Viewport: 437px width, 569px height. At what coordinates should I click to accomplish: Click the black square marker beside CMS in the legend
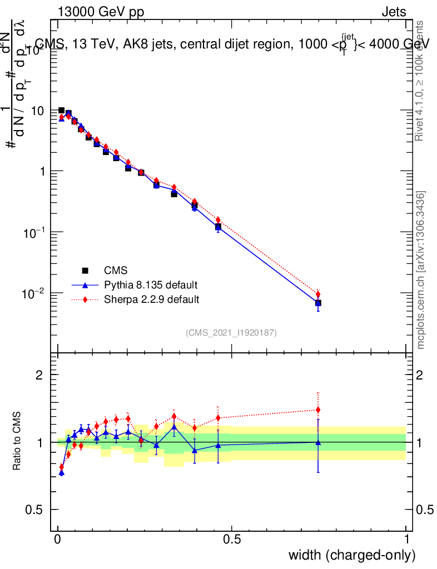pyautogui.click(x=86, y=271)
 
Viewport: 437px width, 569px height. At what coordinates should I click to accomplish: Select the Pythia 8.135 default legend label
pyautogui.click(x=150, y=285)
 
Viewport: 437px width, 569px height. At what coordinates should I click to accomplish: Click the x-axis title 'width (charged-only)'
pyautogui.click(x=351, y=555)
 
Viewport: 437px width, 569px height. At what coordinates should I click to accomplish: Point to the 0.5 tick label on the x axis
pyautogui.click(x=232, y=540)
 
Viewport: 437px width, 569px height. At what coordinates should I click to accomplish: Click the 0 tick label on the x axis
pyautogui.click(x=58, y=540)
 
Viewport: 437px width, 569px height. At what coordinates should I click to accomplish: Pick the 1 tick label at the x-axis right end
pyautogui.click(x=406, y=540)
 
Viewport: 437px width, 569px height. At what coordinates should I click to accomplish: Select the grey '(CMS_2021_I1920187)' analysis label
pyautogui.click(x=231, y=333)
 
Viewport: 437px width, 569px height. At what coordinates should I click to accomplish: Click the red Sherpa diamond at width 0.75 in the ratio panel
pyautogui.click(x=318, y=410)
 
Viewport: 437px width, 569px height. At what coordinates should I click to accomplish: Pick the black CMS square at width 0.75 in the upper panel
pyautogui.click(x=318, y=303)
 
